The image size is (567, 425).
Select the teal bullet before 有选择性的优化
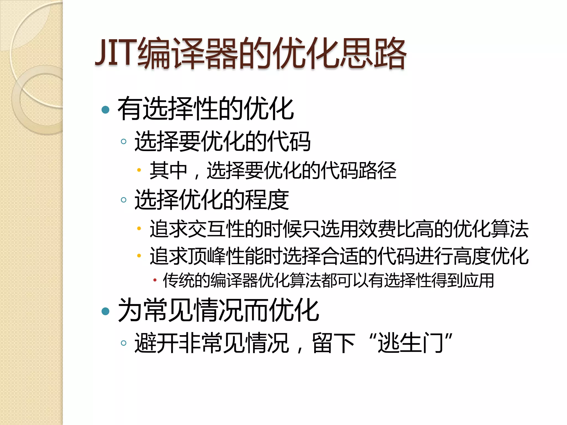(x=105, y=110)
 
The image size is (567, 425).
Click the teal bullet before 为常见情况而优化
(x=105, y=311)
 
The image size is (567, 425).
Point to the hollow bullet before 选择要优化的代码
(x=123, y=142)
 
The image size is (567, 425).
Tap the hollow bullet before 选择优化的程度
(x=123, y=200)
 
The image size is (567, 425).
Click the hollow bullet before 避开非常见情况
(x=123, y=343)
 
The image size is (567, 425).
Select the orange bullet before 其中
(x=139, y=170)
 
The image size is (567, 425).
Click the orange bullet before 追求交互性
(x=139, y=229)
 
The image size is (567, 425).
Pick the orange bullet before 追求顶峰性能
(x=139, y=256)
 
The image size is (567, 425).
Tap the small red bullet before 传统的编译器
(x=155, y=280)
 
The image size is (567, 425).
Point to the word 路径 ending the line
(x=377, y=170)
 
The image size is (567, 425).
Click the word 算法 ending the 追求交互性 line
(x=509, y=229)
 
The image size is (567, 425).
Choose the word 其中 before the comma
(x=168, y=170)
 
